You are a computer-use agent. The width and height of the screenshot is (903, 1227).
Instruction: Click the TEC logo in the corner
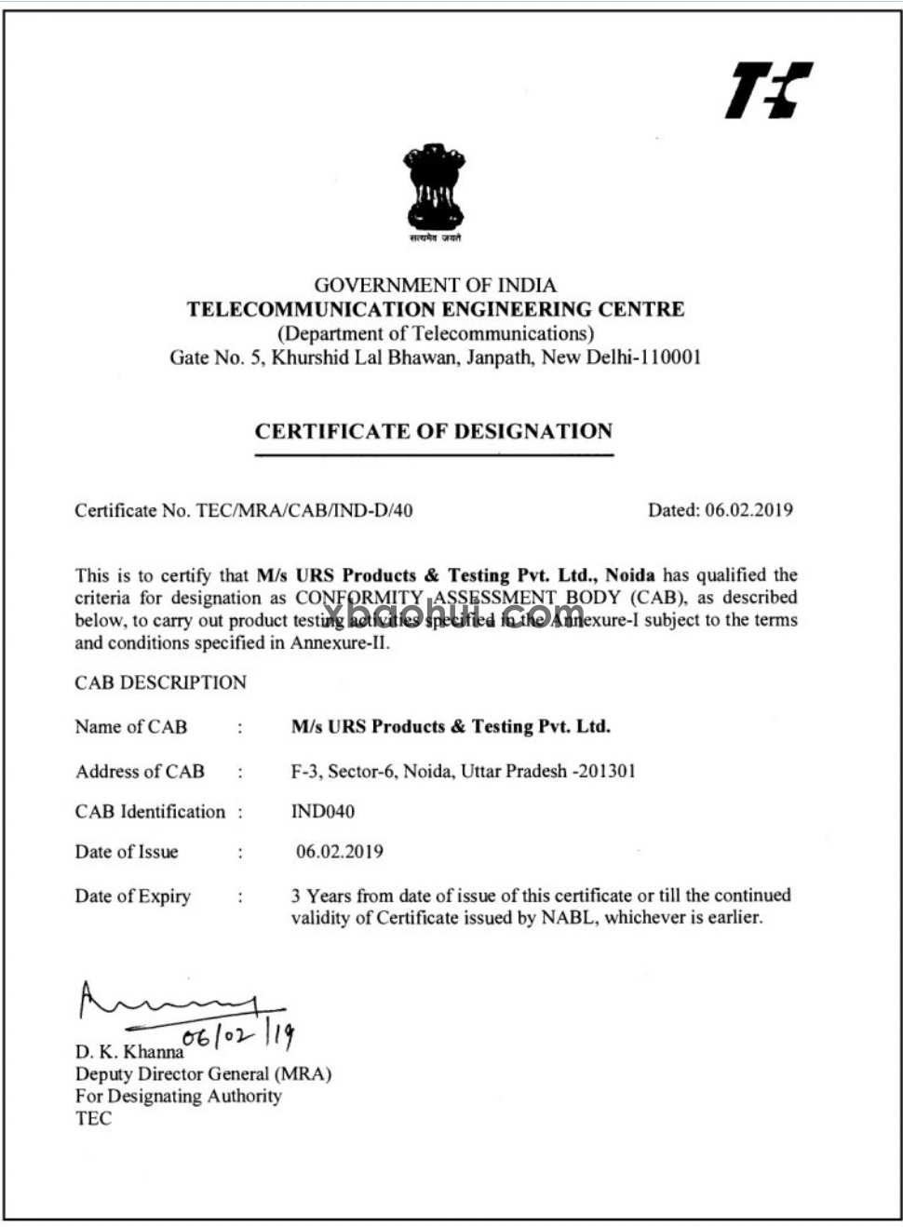pyautogui.click(x=768, y=90)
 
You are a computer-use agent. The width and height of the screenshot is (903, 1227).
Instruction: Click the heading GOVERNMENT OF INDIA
pyautogui.click(x=435, y=285)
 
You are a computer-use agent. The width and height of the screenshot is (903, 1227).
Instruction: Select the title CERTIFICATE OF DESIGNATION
pyautogui.click(x=434, y=431)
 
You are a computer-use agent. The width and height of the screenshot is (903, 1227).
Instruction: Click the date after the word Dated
pyautogui.click(x=748, y=509)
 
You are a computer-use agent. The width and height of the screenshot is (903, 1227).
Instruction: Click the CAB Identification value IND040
pyautogui.click(x=323, y=812)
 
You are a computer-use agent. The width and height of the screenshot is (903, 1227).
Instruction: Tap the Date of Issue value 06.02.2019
pyautogui.click(x=339, y=852)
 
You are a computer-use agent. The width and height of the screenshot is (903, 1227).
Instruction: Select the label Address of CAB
pyautogui.click(x=140, y=772)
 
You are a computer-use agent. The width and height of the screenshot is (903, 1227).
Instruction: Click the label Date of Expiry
pyautogui.click(x=132, y=897)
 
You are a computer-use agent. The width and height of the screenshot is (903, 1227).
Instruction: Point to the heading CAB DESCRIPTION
pyautogui.click(x=160, y=682)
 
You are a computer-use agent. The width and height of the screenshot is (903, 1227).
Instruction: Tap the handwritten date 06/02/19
pyautogui.click(x=239, y=1034)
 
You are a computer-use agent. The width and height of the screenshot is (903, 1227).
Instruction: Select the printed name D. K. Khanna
pyautogui.click(x=129, y=1052)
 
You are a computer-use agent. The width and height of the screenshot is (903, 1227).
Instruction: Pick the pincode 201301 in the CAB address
pyautogui.click(x=606, y=772)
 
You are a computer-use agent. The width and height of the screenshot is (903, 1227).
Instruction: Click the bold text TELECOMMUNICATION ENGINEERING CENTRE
pyautogui.click(x=436, y=309)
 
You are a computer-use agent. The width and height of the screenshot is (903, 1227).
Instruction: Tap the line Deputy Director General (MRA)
pyautogui.click(x=203, y=1073)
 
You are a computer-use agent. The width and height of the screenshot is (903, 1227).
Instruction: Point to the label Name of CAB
pyautogui.click(x=130, y=727)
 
